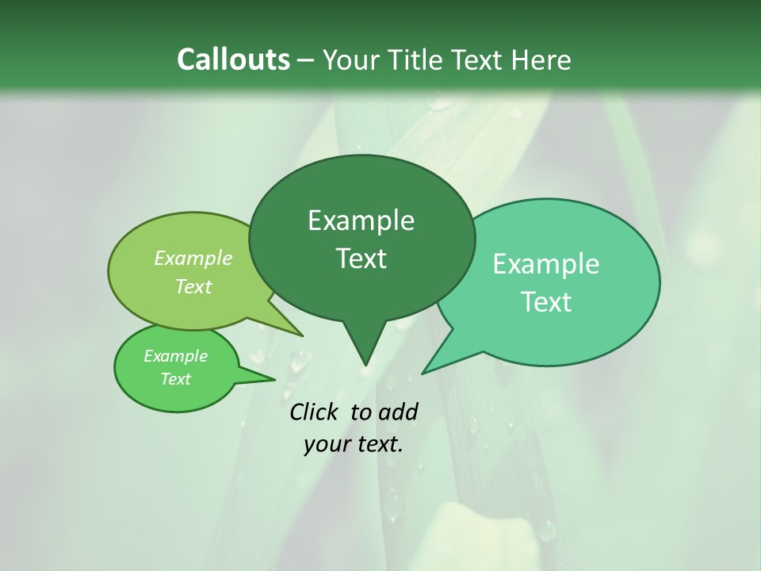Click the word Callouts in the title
coord(233,59)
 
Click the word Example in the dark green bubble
coord(361,220)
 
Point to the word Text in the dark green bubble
coord(361,259)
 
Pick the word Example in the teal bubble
coord(546,264)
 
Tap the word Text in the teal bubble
coord(546,302)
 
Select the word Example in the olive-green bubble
coord(193,258)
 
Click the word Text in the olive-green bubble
coord(193,286)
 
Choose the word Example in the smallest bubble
coord(175,356)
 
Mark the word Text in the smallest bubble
coord(175,379)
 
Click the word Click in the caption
coord(314,412)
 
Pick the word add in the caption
coord(397,412)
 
